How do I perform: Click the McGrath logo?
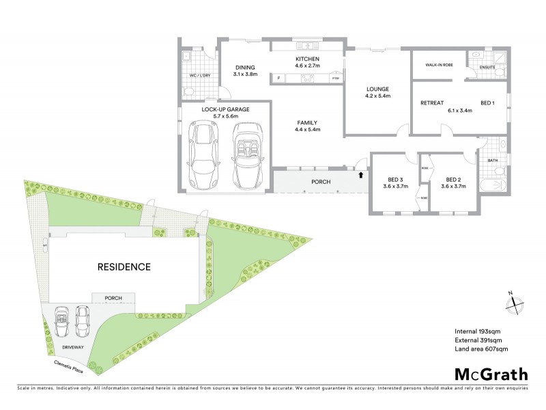(x=491, y=374)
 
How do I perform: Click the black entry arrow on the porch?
(x=360, y=175)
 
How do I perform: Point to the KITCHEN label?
(x=307, y=59)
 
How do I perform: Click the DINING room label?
(x=244, y=67)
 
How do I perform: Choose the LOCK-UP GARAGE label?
(x=225, y=109)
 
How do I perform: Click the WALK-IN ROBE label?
(x=440, y=66)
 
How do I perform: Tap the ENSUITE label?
(x=488, y=67)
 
